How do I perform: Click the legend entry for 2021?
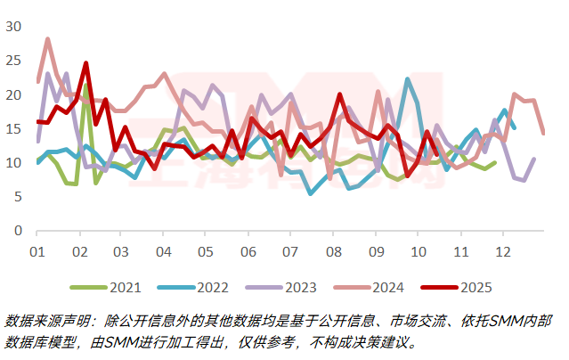coord(113,287)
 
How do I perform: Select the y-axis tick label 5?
coord(16,197)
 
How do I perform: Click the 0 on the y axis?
coord(16,231)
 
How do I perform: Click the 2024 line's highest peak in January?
coord(47,38)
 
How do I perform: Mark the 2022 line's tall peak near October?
coord(407,79)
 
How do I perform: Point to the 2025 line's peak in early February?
coord(86,63)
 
